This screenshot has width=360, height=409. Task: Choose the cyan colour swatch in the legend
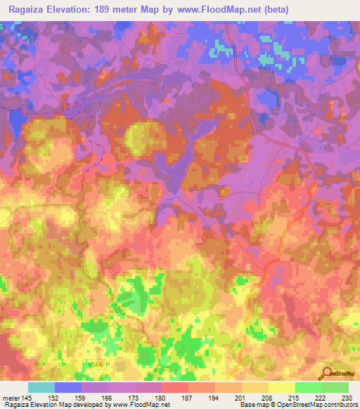point(41,387)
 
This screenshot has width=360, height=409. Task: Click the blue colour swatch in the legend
point(68,387)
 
